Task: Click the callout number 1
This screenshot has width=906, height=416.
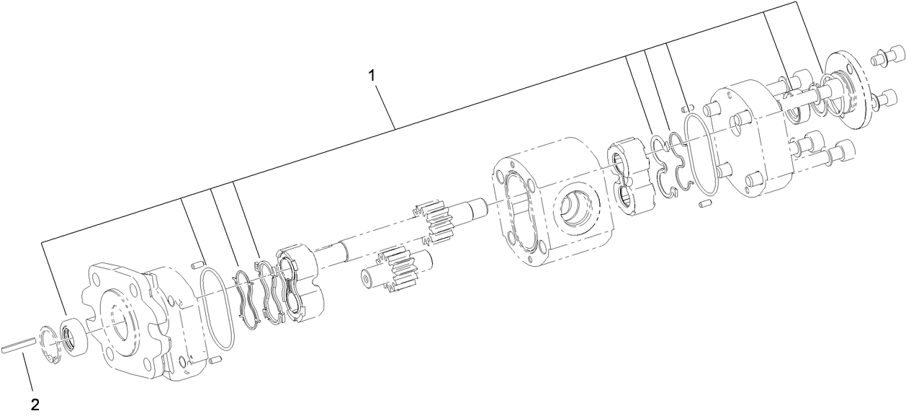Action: (x=372, y=75)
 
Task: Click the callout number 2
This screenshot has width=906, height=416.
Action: (x=35, y=404)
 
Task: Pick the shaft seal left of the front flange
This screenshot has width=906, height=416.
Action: (x=73, y=335)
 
